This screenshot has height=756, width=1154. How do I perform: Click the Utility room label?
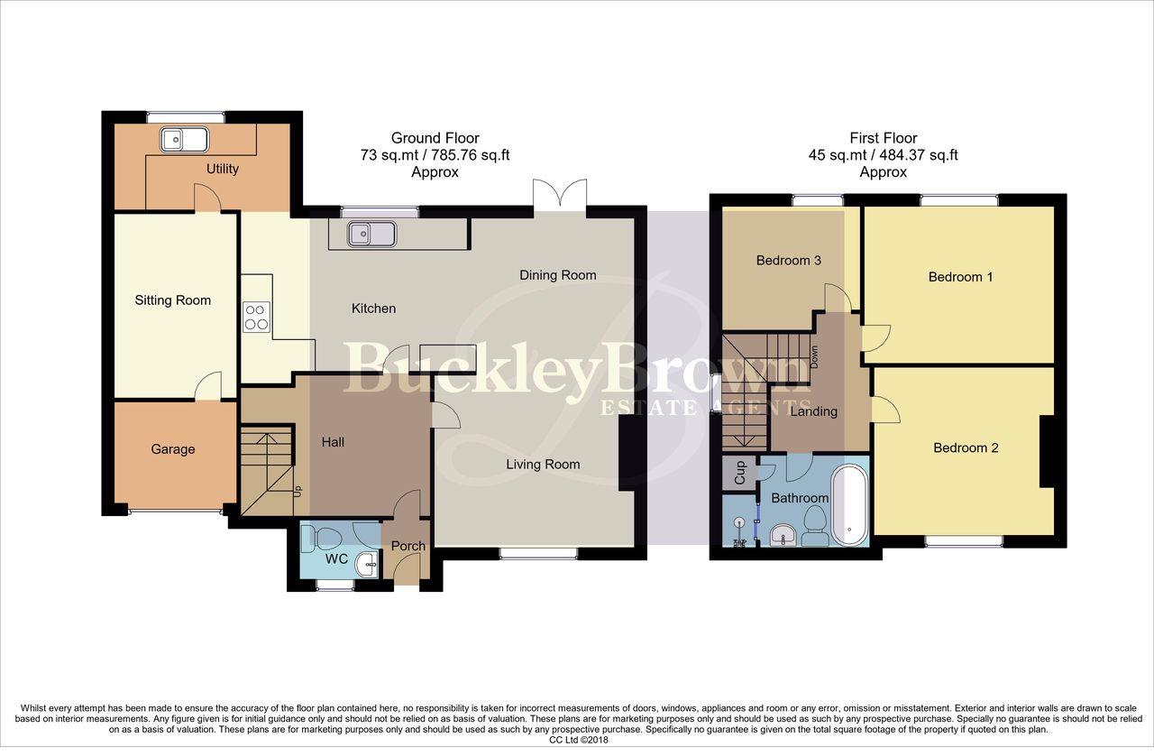pyautogui.click(x=222, y=169)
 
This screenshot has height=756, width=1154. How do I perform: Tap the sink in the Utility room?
pyautogui.click(x=184, y=140)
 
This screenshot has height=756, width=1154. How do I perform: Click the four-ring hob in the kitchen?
pyautogui.click(x=256, y=316)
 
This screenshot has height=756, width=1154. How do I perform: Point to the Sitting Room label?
pyautogui.click(x=173, y=300)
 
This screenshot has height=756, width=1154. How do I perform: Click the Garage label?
pyautogui.click(x=172, y=449)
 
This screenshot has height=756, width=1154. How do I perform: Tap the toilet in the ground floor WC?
pyautogui.click(x=320, y=539)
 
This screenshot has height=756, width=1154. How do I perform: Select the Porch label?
pyautogui.click(x=408, y=546)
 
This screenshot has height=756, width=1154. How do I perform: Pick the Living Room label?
pyautogui.click(x=543, y=465)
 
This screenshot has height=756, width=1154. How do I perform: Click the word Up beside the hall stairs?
pyautogui.click(x=298, y=492)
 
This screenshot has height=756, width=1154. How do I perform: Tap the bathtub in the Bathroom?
pyautogui.click(x=848, y=505)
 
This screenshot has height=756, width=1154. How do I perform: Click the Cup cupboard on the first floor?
pyautogui.click(x=739, y=474)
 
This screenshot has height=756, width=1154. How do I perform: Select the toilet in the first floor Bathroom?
pyautogui.click(x=815, y=528)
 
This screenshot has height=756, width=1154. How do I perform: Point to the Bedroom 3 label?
pyautogui.click(x=788, y=261)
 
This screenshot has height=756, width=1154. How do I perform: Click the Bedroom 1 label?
pyautogui.click(x=960, y=277)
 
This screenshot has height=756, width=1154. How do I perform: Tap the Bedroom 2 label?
pyautogui.click(x=966, y=448)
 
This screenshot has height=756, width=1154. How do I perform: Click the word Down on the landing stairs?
pyautogui.click(x=813, y=356)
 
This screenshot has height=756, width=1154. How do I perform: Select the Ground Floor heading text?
pyautogui.click(x=435, y=138)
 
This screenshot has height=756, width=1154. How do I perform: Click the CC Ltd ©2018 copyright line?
pyautogui.click(x=577, y=740)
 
